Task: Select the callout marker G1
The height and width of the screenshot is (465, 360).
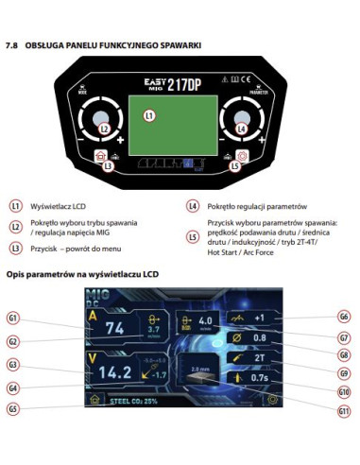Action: (x=14, y=319)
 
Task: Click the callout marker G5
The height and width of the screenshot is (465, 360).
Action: (x=14, y=408)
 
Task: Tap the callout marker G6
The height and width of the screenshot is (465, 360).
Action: (x=344, y=318)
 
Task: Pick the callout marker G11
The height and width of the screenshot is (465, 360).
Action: (x=344, y=411)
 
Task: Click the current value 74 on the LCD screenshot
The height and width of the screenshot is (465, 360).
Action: (x=115, y=329)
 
